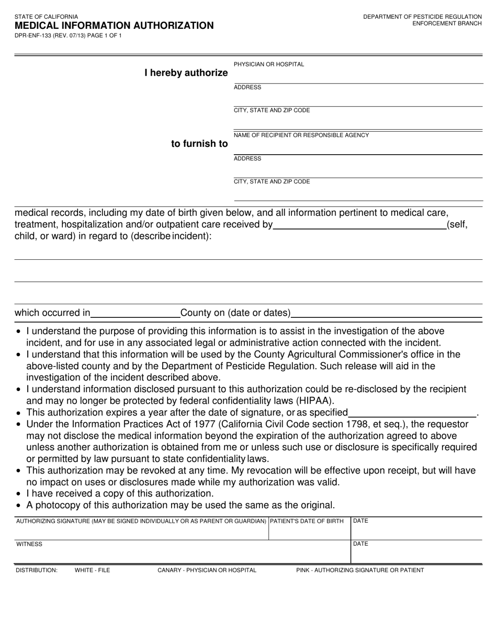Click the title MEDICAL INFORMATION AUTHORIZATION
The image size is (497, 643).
[x=114, y=26]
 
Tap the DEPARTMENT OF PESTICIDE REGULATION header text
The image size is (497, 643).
[x=422, y=17]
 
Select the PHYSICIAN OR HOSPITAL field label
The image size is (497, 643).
[x=269, y=64]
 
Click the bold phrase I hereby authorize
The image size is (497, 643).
[x=186, y=73]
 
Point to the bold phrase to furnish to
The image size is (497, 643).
[x=199, y=144]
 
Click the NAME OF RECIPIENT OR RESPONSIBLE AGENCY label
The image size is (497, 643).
[x=301, y=135]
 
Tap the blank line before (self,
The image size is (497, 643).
[x=359, y=225]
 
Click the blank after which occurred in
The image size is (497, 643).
[x=135, y=314]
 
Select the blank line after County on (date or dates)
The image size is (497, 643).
[x=387, y=314]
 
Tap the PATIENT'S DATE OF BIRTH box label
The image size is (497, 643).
[x=307, y=521]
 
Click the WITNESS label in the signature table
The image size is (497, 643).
[x=29, y=544]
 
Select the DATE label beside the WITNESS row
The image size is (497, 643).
[x=361, y=544]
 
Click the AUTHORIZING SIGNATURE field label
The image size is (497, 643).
[x=141, y=521]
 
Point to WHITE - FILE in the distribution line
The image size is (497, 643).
[x=93, y=570]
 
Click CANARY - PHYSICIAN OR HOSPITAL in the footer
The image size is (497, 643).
[x=207, y=570]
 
